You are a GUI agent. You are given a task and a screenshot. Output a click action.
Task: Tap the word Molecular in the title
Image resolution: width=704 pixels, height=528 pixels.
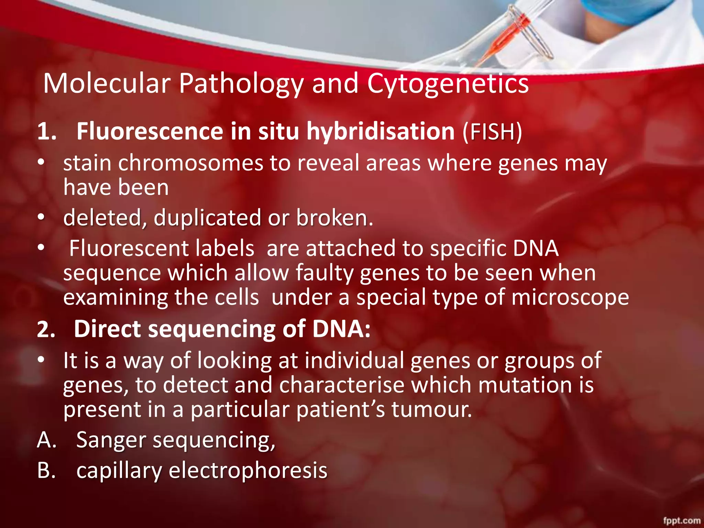[x=107, y=84]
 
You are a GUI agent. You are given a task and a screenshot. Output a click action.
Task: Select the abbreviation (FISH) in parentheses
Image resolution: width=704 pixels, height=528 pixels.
[x=492, y=131]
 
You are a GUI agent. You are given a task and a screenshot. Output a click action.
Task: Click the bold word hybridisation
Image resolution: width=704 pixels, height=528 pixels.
[x=381, y=131]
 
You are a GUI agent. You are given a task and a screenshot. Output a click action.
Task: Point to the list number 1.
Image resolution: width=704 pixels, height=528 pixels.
[x=46, y=132]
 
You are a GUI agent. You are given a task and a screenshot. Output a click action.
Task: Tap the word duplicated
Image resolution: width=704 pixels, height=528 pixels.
[x=207, y=218]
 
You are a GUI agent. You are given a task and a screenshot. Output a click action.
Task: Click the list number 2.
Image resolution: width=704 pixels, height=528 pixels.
[x=46, y=330]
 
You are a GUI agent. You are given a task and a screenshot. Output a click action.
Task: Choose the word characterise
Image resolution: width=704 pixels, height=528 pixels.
[x=342, y=385]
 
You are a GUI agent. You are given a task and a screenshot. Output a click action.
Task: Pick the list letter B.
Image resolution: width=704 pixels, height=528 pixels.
[x=46, y=471]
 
